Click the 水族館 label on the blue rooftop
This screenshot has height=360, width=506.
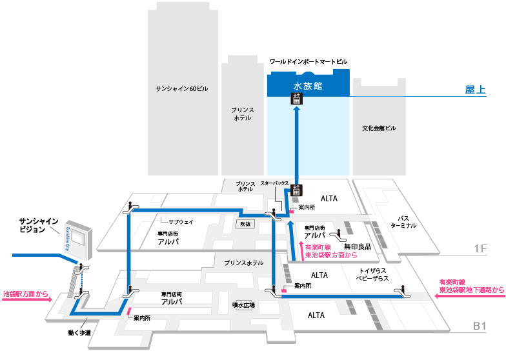coord(307,86)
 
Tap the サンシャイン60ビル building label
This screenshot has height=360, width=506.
coord(182,89)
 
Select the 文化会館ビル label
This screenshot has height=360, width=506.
coord(379,128)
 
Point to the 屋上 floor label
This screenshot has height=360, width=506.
coord(475,89)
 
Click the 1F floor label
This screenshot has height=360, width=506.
coord(480,248)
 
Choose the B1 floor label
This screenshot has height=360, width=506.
coord(480,326)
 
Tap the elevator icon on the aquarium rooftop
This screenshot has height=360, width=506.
coord(297,99)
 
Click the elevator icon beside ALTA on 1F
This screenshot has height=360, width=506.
coord(296,190)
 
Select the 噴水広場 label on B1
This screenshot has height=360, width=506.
coord(244,305)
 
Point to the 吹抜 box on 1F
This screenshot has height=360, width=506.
coord(245,224)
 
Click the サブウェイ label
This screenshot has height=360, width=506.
coord(181,222)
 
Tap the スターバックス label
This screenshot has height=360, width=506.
coord(275,183)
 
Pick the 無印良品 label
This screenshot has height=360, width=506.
coord(358,246)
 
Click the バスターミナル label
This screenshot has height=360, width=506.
coord(403,222)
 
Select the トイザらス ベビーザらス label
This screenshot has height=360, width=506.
coord(372,275)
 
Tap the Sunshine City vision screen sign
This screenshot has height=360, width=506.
coord(79,240)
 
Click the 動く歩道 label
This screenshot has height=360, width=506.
coord(79,333)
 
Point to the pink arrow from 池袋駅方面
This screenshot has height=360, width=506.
coord(27,299)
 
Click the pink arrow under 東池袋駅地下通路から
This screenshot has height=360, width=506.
coord(470,295)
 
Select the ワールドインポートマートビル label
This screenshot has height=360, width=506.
coord(309,61)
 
